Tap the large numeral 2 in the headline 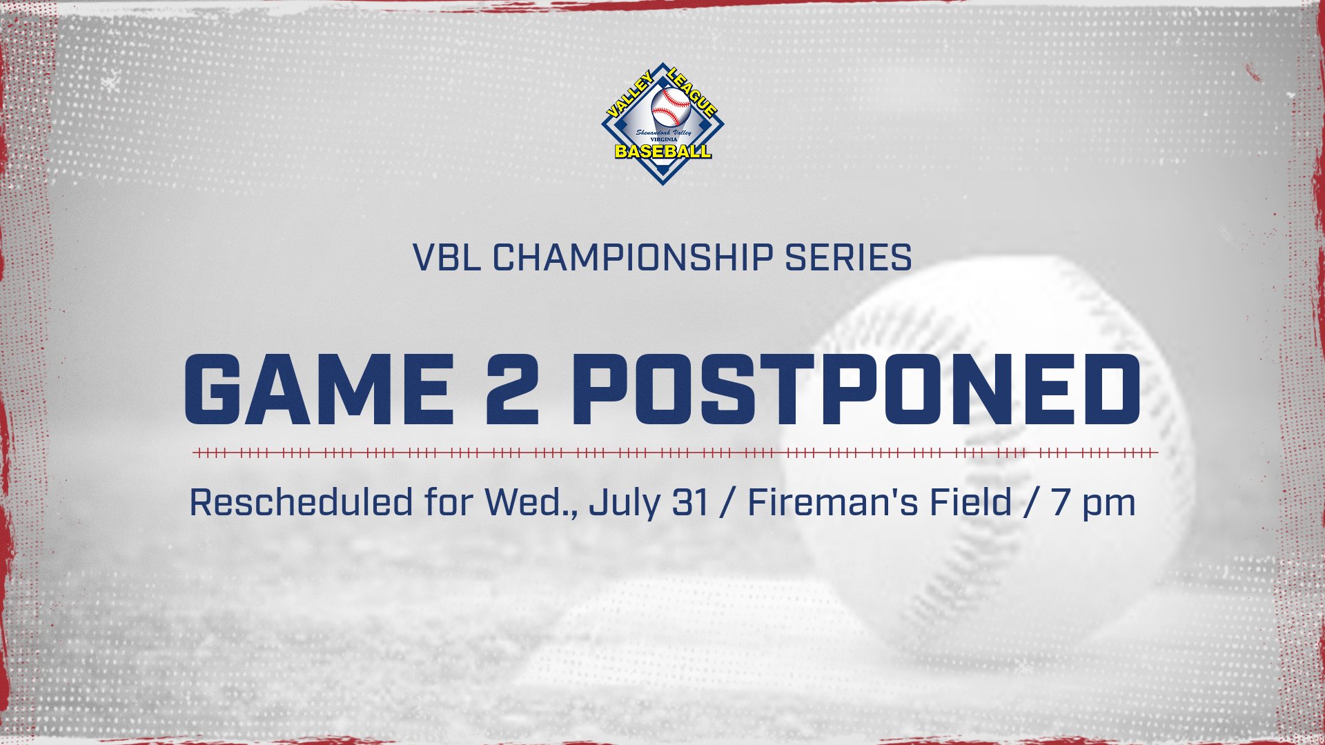click(x=511, y=390)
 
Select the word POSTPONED click(x=856, y=390)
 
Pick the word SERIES click(x=848, y=258)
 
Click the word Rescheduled click(x=301, y=502)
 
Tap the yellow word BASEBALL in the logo click(x=662, y=151)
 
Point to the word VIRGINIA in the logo click(x=664, y=139)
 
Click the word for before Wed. click(x=447, y=502)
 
